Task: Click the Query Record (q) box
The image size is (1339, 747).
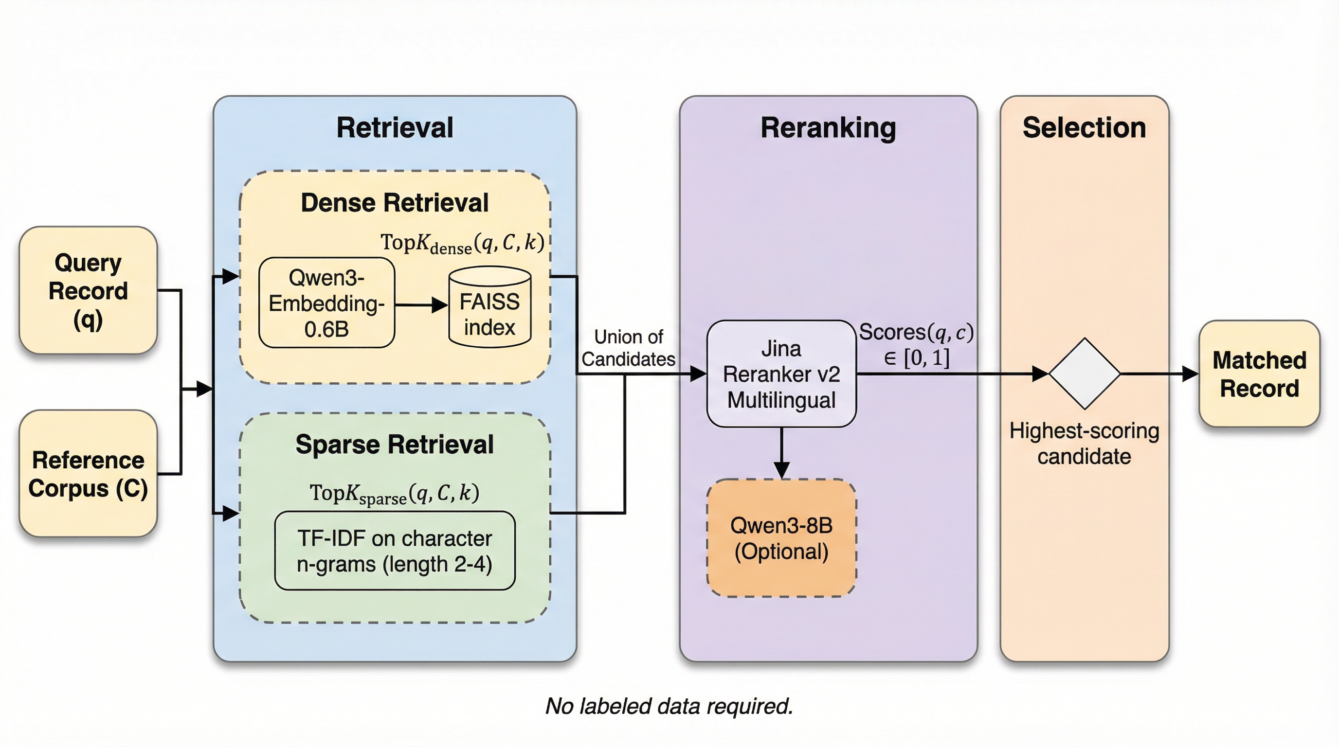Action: pos(89,290)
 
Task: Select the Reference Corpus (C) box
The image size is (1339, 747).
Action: pos(89,473)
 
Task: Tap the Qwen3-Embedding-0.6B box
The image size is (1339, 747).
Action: pos(326,303)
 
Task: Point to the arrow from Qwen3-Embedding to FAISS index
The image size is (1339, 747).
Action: pos(421,305)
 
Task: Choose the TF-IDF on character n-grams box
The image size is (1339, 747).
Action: pos(395,551)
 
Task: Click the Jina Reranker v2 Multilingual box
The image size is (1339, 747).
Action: pos(781,374)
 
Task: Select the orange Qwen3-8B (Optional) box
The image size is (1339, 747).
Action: pos(781,538)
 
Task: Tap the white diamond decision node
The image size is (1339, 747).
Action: pos(1085,373)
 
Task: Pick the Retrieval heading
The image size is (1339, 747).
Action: pos(395,128)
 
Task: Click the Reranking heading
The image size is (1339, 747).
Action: pos(828,128)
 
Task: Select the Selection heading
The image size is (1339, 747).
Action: pos(1085,128)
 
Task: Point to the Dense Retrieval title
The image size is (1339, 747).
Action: pos(395,203)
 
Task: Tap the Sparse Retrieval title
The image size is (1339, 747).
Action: pos(395,445)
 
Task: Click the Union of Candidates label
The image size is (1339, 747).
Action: pos(629,348)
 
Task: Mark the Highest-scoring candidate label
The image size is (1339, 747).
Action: pos(1085,444)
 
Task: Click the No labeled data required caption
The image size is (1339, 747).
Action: pos(669,707)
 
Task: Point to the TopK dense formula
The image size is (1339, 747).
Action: pos(462,243)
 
